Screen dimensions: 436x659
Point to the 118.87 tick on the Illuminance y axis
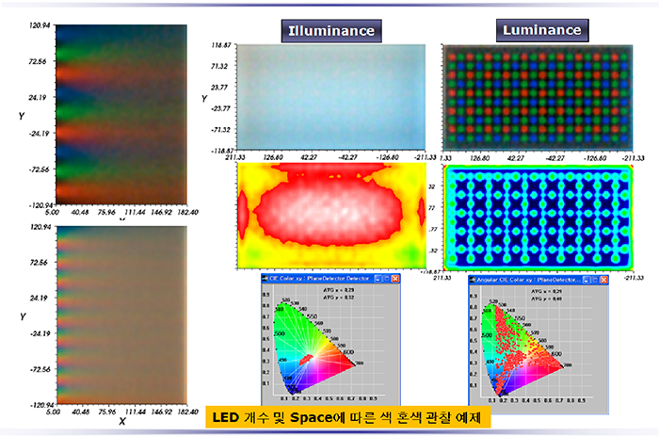pos(221,44)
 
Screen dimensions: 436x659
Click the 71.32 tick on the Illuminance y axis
pos(221,66)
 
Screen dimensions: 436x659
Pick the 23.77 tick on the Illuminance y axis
pos(221,87)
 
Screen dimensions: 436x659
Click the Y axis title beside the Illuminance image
pos(204,98)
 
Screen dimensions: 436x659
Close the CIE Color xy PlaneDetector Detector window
pos(396,280)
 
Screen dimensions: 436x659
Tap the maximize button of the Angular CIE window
pos(593,280)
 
